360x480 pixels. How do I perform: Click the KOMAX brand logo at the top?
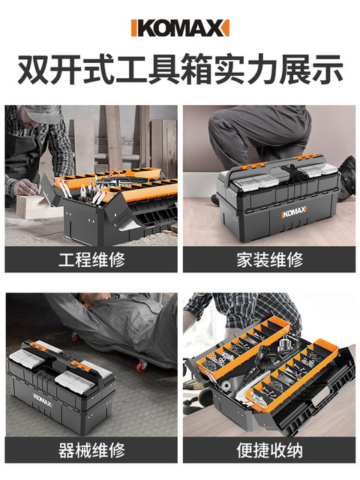(180, 28)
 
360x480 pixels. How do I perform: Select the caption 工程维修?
(91, 260)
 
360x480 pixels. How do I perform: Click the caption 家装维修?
(269, 260)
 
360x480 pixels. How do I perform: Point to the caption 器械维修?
(91, 451)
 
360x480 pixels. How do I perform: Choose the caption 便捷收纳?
(269, 451)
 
